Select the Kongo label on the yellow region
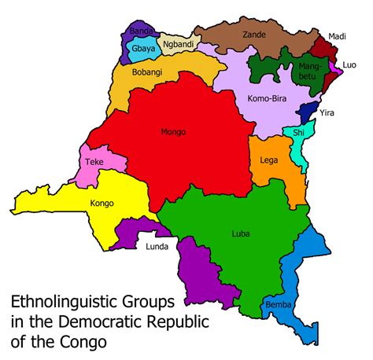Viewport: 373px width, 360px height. click(102, 204)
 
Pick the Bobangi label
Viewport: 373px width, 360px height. click(147, 70)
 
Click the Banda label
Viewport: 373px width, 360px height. click(141, 31)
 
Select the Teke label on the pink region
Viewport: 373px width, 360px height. click(94, 163)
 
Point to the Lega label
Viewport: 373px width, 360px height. click(268, 160)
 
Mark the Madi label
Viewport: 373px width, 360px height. click(337, 36)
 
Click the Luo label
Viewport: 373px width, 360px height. click(349, 65)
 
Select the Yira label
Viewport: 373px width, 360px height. click(327, 113)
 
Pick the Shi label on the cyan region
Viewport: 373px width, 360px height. click(298, 133)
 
